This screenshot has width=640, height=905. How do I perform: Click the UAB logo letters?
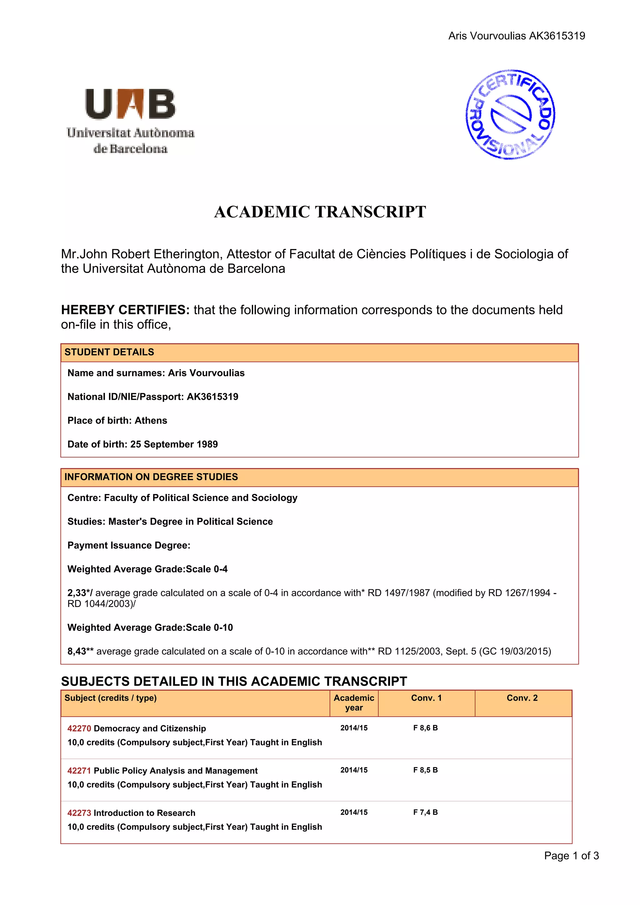(130, 104)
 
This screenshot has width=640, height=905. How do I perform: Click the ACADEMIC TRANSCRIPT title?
(320, 212)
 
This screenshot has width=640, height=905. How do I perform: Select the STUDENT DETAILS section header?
(109, 352)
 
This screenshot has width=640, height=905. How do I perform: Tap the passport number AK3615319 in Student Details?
(212, 397)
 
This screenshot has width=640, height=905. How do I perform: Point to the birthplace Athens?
(151, 421)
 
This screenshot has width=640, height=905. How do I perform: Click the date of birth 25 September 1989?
(174, 444)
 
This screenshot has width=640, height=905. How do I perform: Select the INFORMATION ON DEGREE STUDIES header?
(151, 477)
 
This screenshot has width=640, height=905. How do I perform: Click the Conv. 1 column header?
(426, 698)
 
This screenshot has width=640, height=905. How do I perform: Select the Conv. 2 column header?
(522, 698)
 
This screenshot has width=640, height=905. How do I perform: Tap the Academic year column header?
(354, 703)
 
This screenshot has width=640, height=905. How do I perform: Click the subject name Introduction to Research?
(144, 813)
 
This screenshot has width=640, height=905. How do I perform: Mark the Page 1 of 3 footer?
(571, 855)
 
